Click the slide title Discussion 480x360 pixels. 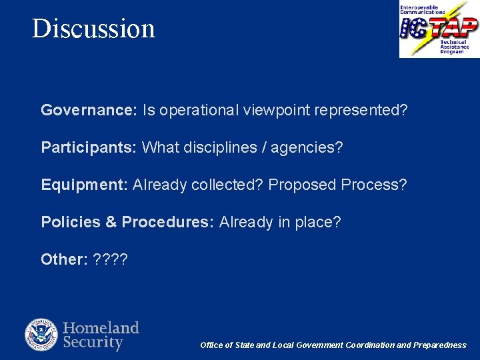(93, 28)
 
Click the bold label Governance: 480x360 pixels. (89, 110)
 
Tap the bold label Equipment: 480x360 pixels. (85, 185)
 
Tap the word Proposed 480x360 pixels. (302, 185)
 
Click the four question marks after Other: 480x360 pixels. (111, 259)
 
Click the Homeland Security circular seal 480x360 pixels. (41, 335)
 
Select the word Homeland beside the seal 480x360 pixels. (101, 327)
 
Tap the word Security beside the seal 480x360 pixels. (93, 343)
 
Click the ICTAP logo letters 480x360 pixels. (438, 28)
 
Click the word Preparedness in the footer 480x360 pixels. (440, 345)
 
